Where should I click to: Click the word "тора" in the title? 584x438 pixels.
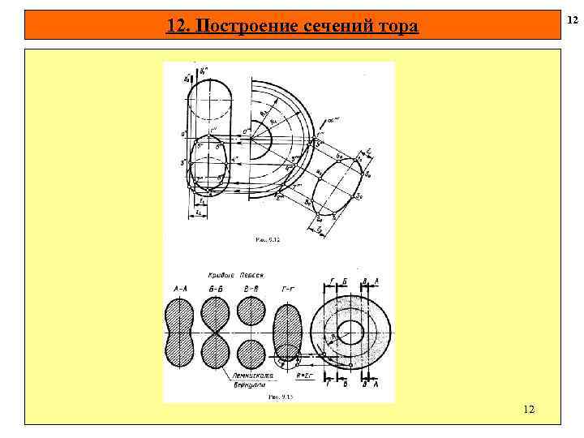(397, 27)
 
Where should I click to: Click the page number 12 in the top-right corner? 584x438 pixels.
(573, 18)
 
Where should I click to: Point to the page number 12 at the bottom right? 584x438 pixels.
(528, 410)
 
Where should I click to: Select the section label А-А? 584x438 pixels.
(179, 289)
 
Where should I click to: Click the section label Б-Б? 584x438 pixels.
(215, 289)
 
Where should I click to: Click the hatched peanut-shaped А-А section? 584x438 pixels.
(179, 332)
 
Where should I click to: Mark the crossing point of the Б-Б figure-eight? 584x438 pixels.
(216, 333)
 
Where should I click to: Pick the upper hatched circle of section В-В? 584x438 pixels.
(251, 311)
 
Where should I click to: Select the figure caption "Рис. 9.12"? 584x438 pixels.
(267, 239)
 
